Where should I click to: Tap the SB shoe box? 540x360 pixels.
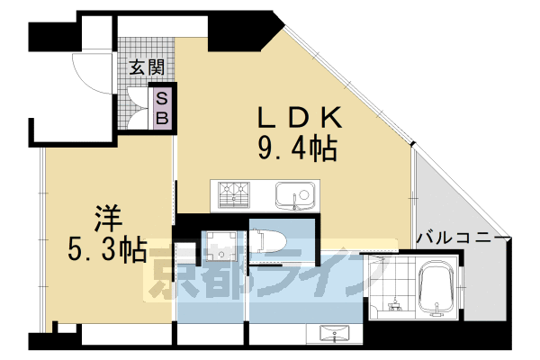tap(163, 107)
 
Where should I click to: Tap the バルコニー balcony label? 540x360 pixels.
tap(463, 237)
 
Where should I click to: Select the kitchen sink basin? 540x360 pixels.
tap(293, 193)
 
